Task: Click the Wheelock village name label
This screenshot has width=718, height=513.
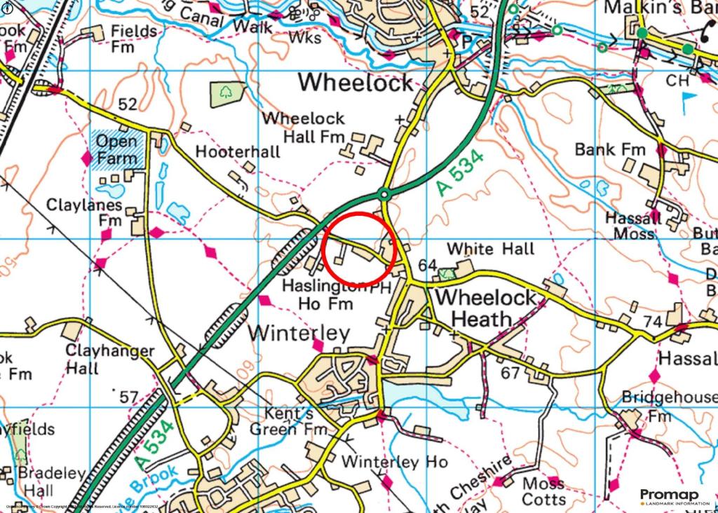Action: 356,83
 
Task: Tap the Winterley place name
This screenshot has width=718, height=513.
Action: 299,333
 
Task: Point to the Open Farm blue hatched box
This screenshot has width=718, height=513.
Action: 116,149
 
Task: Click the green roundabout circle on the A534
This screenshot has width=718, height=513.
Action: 384,193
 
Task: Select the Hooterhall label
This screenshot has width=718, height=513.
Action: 238,151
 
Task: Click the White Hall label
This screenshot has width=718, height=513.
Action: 490,249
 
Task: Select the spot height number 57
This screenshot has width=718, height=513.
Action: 128,397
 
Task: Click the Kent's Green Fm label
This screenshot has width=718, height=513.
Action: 290,422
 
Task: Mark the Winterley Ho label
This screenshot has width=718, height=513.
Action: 394,462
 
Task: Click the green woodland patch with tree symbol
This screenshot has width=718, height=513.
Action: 228,93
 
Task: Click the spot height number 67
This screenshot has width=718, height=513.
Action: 510,372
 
